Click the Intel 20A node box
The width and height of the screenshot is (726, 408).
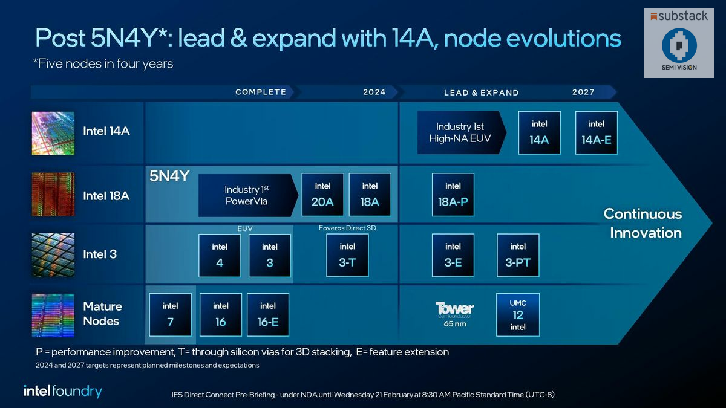tap(322, 195)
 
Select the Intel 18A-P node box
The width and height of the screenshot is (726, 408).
tap(453, 195)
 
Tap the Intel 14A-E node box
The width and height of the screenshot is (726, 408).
tap(596, 132)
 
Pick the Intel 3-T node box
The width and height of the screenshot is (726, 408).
tap(347, 255)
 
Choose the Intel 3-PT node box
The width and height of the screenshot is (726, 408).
tap(518, 255)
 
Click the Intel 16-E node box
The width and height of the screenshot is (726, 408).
tap(268, 314)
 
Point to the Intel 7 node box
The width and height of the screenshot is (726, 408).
tap(171, 314)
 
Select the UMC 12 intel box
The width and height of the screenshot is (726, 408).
tap(518, 314)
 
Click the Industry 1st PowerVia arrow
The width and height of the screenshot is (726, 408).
tap(247, 195)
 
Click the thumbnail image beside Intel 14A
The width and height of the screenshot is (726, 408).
tap(53, 133)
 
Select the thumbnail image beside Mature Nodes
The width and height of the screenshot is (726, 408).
tap(53, 315)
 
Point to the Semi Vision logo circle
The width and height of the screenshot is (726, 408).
tap(679, 45)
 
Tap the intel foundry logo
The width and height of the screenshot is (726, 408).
tap(63, 391)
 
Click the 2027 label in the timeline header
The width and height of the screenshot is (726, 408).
tap(583, 92)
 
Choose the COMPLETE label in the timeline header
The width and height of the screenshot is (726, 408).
tap(261, 92)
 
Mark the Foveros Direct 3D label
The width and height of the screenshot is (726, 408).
tap(347, 228)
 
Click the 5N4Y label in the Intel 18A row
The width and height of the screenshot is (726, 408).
tap(169, 176)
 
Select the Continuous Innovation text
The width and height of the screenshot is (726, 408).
tap(643, 223)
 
